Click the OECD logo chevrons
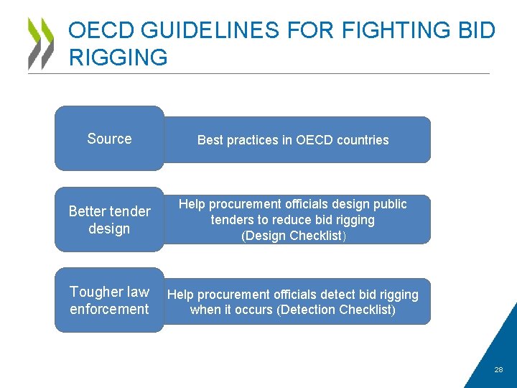pyautogui.click(x=41, y=43)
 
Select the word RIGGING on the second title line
pyautogui.click(x=118, y=57)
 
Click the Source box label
pyautogui.click(x=109, y=139)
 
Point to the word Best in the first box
pyautogui.click(x=210, y=140)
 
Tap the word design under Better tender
pyautogui.click(x=109, y=228)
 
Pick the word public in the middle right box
pyautogui.click(x=390, y=204)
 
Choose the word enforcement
pyautogui.click(x=109, y=309)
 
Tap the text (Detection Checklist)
pyautogui.click(x=336, y=310)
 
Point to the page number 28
pyautogui.click(x=498, y=370)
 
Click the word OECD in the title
pyautogui.click(x=99, y=31)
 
